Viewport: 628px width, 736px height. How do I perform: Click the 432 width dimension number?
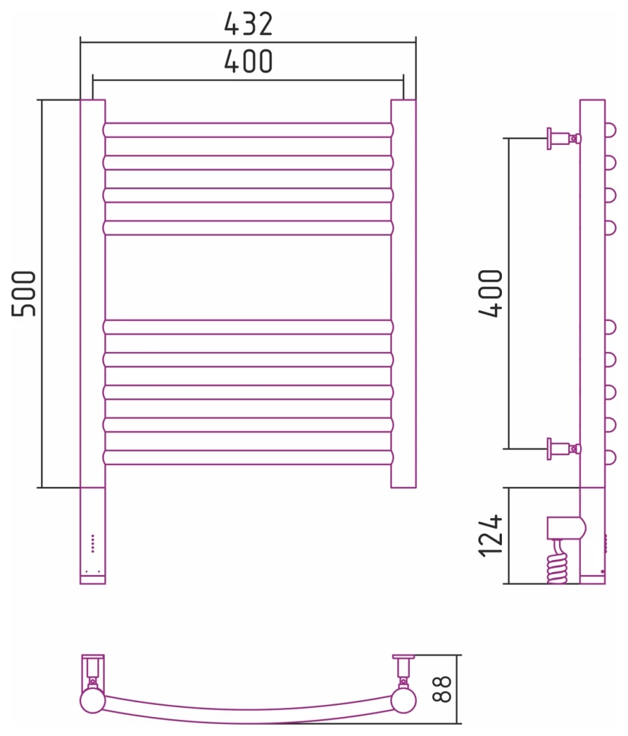tap(248, 24)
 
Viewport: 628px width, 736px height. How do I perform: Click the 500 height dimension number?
tap(24, 293)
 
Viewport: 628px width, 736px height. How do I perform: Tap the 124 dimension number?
tap(491, 536)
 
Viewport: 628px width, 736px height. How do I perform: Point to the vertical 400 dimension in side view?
tap(491, 293)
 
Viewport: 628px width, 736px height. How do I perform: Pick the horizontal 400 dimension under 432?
tap(248, 61)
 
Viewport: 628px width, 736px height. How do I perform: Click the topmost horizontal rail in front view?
tap(248, 130)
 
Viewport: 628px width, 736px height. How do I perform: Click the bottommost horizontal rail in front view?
tap(248, 457)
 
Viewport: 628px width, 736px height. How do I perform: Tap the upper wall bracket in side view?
tap(563, 138)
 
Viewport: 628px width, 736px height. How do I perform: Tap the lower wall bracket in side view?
tap(563, 448)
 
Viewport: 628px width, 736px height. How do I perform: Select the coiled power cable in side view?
tap(557, 564)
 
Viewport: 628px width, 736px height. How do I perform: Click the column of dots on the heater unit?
tap(93, 543)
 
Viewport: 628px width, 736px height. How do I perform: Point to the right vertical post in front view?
tap(403, 293)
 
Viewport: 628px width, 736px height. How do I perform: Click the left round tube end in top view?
tap(93, 700)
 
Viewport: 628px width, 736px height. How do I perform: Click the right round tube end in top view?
tap(403, 700)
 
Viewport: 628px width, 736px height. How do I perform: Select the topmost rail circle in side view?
tap(610, 130)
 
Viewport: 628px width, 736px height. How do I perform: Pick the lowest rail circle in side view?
tap(610, 457)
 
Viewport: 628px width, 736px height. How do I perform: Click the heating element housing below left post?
tap(93, 535)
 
